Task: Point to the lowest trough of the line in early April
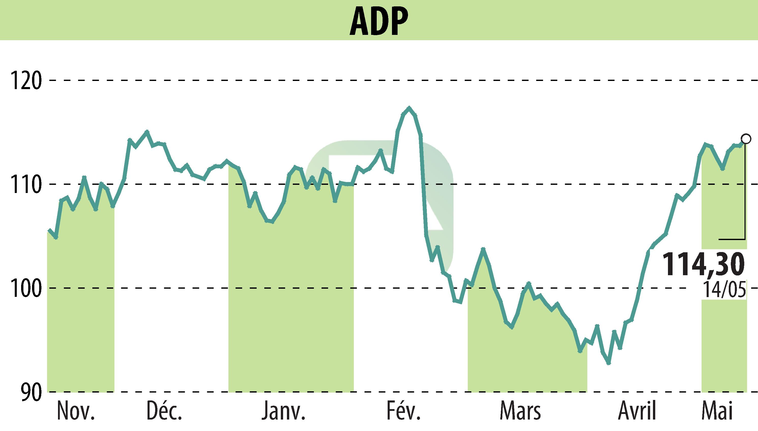[x=608, y=364]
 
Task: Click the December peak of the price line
[x=147, y=131]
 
